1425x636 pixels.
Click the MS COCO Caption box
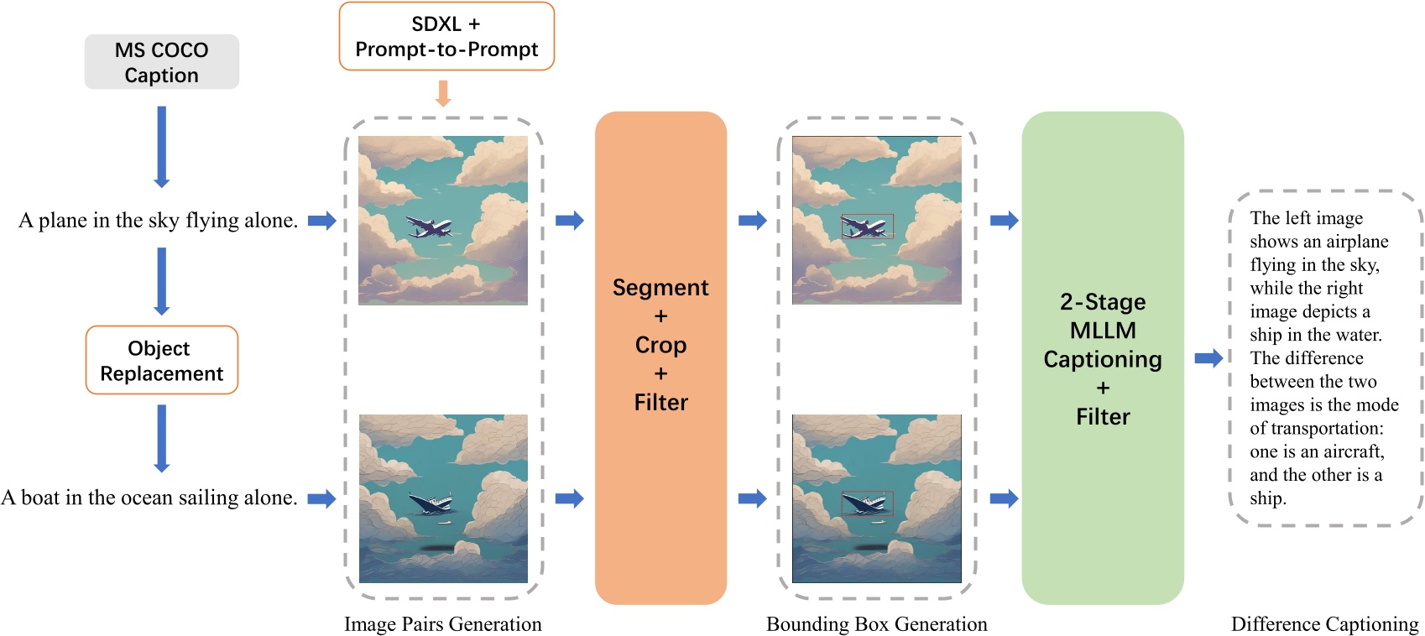pyautogui.click(x=161, y=62)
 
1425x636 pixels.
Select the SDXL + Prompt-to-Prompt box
pyautogui.click(x=446, y=37)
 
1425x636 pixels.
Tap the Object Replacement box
pyautogui.click(x=161, y=360)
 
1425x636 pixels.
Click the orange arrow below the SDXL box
pyautogui.click(x=443, y=93)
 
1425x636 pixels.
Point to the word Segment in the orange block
pyautogui.click(x=660, y=288)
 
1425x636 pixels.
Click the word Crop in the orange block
pyautogui.click(x=660, y=345)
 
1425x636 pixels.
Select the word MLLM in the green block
pyautogui.click(x=1103, y=331)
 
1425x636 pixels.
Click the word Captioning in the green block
pyautogui.click(x=1103, y=359)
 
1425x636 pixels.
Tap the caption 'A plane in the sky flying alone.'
pyautogui.click(x=158, y=221)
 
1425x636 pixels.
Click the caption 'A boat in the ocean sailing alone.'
pyautogui.click(x=149, y=498)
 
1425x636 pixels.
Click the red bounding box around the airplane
pyautogui.click(x=868, y=227)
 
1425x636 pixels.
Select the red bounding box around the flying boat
pyautogui.click(x=868, y=503)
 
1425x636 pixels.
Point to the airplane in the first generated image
pyautogui.click(x=430, y=227)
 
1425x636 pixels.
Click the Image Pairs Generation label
pyautogui.click(x=442, y=624)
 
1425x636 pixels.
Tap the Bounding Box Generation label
pyautogui.click(x=876, y=624)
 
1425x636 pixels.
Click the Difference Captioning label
pyautogui.click(x=1324, y=624)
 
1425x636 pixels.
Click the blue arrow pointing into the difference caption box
pyautogui.click(x=1208, y=358)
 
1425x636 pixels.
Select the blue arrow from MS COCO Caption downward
pyautogui.click(x=162, y=146)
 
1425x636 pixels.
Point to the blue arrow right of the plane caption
pyautogui.click(x=321, y=221)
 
